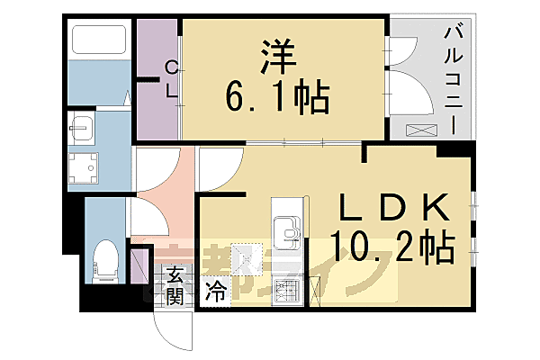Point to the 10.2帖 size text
point(392,244)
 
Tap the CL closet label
point(170,78)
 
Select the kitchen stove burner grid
point(287,292)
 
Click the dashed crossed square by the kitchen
point(245,261)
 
